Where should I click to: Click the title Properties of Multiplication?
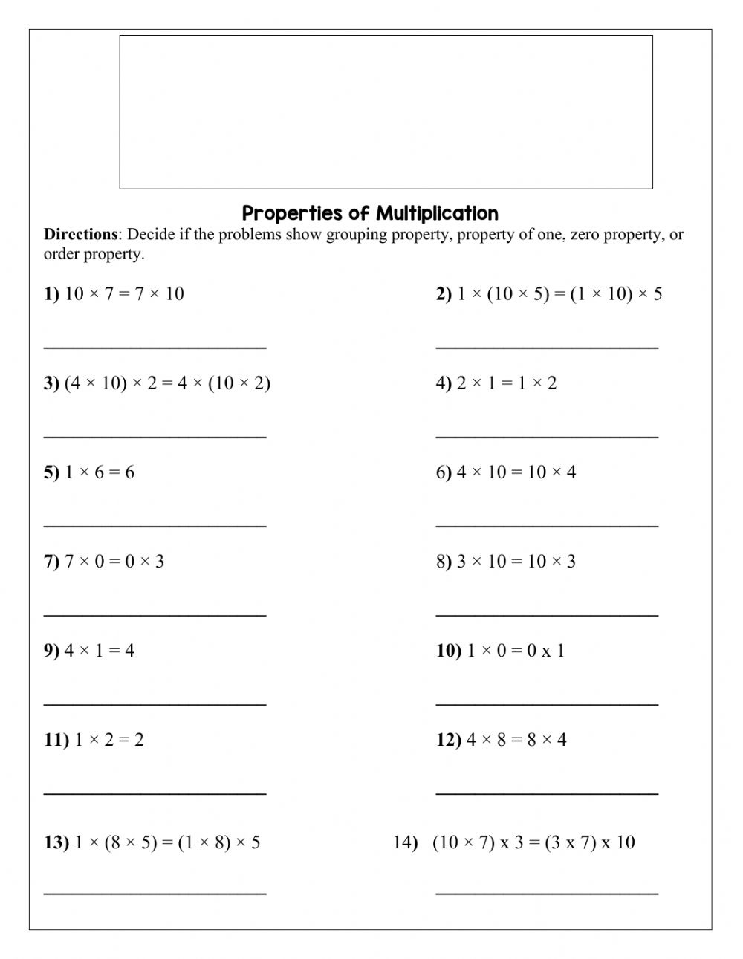coord(370,213)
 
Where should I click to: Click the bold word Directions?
coord(80,235)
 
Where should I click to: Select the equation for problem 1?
coord(124,293)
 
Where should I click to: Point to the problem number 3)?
coord(51,383)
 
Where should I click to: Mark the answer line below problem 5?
coord(155,525)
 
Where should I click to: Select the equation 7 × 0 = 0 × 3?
coord(114,562)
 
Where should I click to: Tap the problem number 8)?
coord(444,562)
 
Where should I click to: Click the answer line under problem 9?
coord(155,703)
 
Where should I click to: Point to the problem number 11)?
coord(56,740)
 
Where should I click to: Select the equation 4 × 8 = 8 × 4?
coord(516,740)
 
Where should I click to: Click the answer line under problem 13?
coord(155,894)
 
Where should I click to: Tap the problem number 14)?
coord(406,842)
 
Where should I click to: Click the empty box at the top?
coord(386,111)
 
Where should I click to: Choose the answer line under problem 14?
coord(547,894)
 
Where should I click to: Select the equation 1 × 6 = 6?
coord(100,472)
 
